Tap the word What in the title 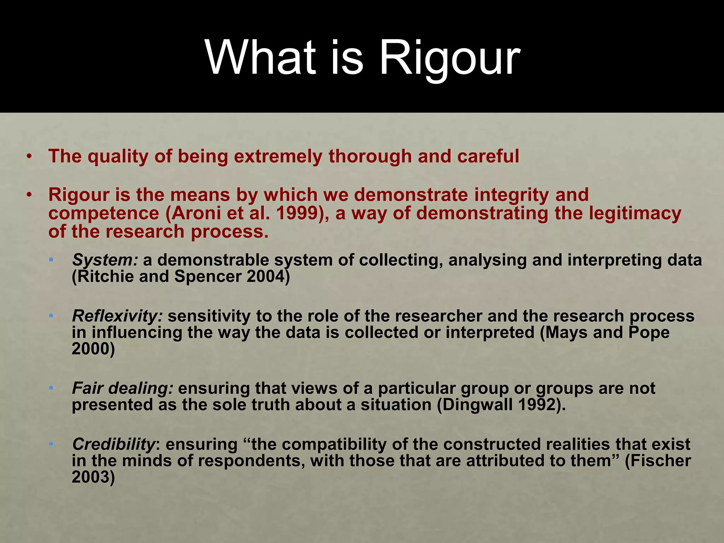coord(261,57)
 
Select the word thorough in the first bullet coord(370,156)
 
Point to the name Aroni coord(195,213)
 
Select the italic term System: coord(105,260)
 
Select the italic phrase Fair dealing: coord(122,388)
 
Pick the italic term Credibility coord(113,444)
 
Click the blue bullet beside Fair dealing coord(51,388)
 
